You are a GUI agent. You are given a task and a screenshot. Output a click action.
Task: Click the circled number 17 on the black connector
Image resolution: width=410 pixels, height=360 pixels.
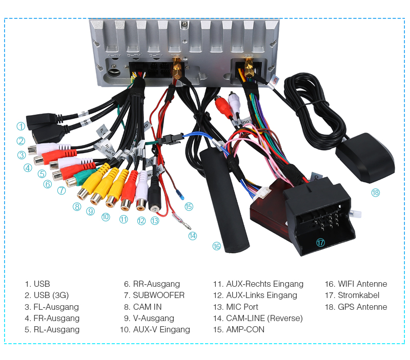click(320, 243)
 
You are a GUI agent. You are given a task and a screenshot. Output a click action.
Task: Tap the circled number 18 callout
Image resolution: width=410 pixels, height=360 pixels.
click(376, 193)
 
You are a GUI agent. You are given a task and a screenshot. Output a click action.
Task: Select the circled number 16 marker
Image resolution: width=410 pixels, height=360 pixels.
click(216, 246)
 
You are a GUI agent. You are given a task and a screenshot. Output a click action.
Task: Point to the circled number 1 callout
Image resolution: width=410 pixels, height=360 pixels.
click(20, 126)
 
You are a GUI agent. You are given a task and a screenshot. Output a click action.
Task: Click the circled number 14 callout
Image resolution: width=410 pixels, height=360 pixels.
click(192, 236)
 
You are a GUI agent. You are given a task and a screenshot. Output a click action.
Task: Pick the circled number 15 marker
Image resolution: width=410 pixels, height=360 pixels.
click(189, 206)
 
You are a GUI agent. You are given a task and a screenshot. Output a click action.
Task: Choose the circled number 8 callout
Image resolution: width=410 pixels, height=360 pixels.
click(77, 207)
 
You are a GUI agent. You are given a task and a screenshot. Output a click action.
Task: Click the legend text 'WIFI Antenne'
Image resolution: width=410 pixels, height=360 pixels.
click(362, 284)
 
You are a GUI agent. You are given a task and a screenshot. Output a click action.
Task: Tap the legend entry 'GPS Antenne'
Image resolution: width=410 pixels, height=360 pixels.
click(362, 307)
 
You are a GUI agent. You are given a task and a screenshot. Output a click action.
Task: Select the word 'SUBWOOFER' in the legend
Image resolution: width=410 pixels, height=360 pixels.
click(158, 295)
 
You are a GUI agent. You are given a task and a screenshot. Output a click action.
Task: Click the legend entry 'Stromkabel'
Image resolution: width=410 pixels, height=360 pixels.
click(358, 295)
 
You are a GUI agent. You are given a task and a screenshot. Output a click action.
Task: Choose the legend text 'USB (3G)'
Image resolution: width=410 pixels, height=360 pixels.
click(51, 295)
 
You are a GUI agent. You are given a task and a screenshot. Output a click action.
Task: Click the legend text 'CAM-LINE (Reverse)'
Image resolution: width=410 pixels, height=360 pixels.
click(264, 318)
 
